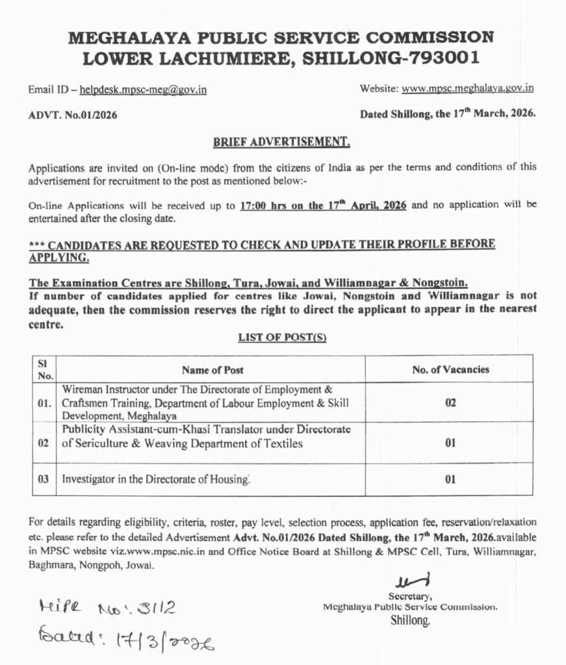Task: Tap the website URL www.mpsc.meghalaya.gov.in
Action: click(x=468, y=88)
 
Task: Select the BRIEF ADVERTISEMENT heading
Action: click(x=282, y=141)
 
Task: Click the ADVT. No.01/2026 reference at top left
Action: click(x=73, y=116)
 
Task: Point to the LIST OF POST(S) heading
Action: click(x=282, y=338)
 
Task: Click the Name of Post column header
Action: click(x=212, y=370)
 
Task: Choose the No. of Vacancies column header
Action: click(x=450, y=370)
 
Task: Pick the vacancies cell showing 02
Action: click(x=450, y=403)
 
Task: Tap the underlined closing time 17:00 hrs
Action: click(x=266, y=206)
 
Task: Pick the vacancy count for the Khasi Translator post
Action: click(x=450, y=444)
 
